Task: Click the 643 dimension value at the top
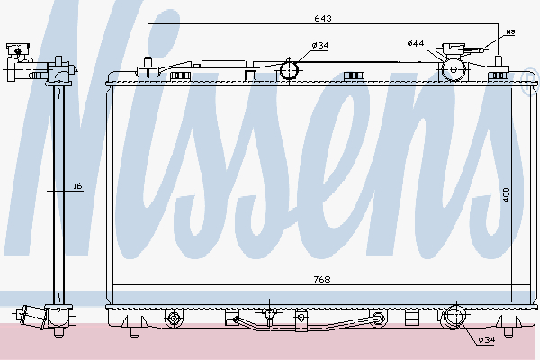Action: [323, 18]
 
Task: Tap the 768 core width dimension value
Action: [322, 279]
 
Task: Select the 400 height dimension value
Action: [506, 194]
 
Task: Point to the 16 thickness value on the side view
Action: [78, 186]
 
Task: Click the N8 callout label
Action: [510, 32]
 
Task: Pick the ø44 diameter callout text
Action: [415, 44]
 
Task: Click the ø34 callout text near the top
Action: [320, 45]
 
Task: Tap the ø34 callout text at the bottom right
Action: [486, 340]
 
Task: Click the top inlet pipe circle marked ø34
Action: [289, 70]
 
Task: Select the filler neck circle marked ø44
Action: [454, 69]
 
